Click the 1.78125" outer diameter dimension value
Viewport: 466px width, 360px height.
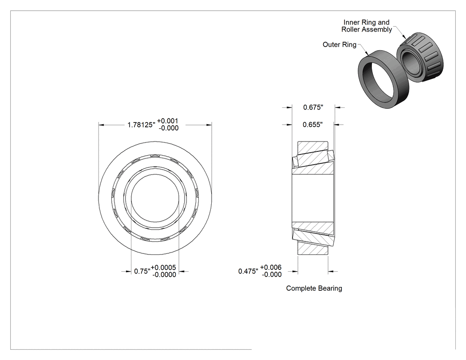[142, 125]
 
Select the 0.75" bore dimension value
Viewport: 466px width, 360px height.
[142, 271]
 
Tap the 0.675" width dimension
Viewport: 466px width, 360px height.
[313, 107]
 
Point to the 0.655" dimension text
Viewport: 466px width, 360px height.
[312, 125]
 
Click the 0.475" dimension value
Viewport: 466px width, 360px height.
[248, 271]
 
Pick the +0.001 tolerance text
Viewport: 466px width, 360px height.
[168, 121]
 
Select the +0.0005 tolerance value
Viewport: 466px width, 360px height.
[163, 268]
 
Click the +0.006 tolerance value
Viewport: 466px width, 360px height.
[271, 267]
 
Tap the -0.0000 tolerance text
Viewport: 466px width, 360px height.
[164, 275]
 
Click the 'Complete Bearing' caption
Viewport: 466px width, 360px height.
[314, 289]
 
